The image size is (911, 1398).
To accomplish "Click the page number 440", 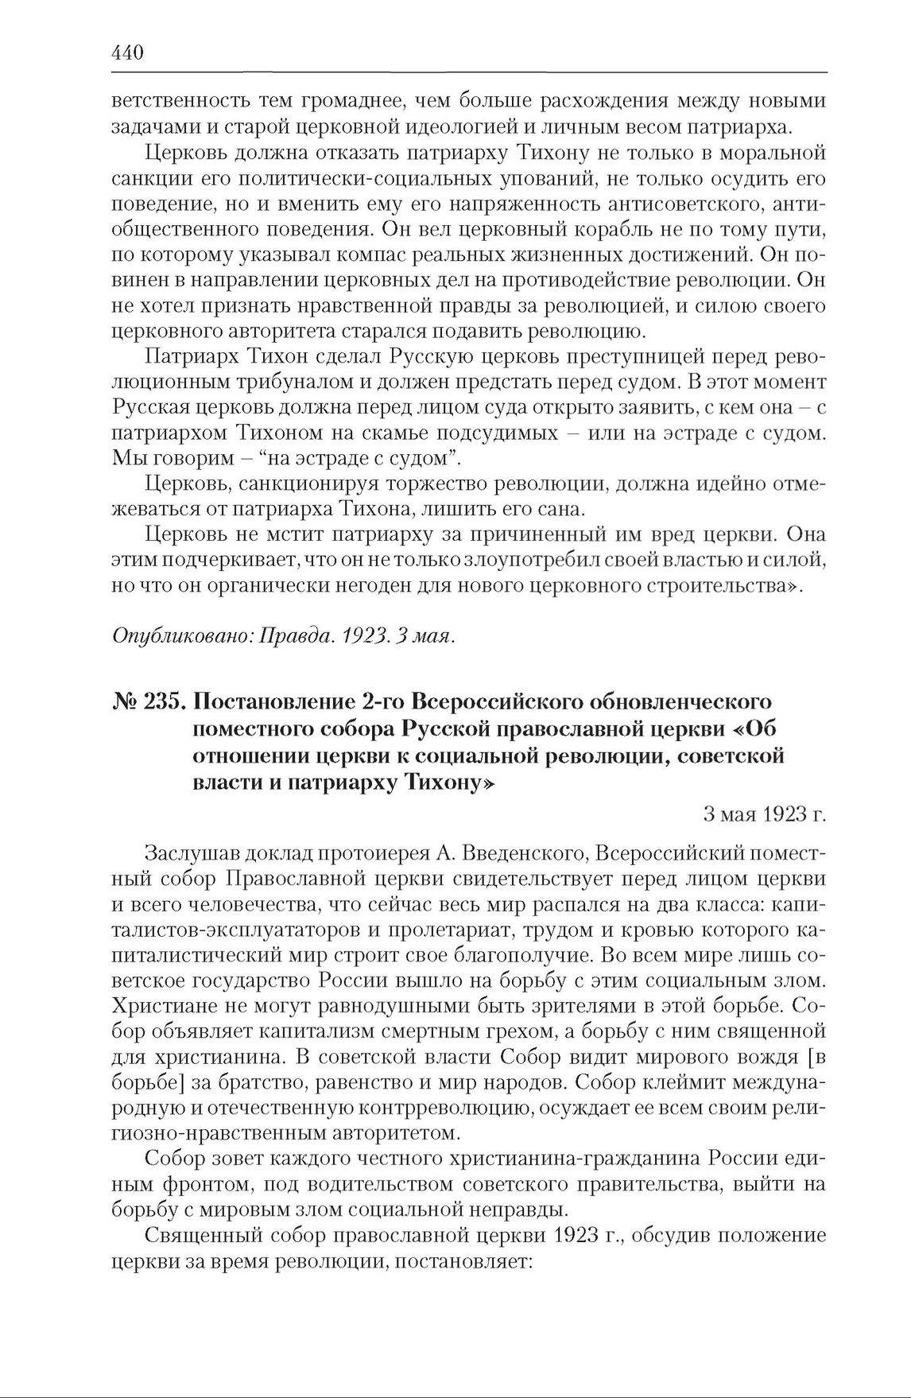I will point(128,53).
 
